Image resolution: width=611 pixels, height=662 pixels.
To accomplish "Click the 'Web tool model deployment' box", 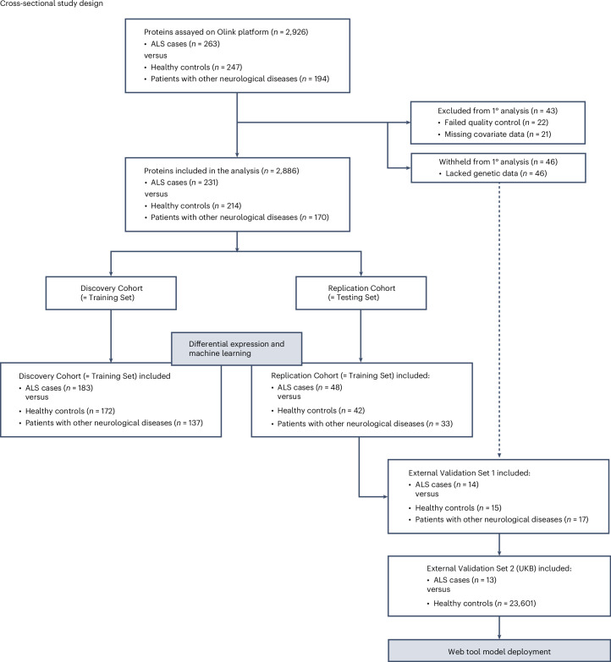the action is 499,651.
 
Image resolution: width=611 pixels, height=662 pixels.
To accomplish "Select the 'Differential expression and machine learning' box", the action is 237,348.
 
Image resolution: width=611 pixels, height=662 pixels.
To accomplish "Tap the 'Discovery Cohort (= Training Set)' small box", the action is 111,293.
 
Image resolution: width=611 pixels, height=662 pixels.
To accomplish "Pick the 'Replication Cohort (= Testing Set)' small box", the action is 361,293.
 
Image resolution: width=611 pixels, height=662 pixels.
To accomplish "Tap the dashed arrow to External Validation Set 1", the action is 499,320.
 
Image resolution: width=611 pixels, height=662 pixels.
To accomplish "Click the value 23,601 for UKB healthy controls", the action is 521,604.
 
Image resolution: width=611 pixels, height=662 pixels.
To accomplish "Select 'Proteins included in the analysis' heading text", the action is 201,171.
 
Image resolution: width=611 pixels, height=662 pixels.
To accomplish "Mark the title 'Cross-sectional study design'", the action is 51,3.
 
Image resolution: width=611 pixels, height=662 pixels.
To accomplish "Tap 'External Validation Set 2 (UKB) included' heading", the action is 499,569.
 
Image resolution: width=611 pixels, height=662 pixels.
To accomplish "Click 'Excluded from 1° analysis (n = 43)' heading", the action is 498,111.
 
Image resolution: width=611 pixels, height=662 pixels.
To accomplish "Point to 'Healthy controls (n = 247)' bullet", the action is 196,67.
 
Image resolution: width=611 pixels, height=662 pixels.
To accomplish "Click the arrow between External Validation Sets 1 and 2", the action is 499,544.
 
